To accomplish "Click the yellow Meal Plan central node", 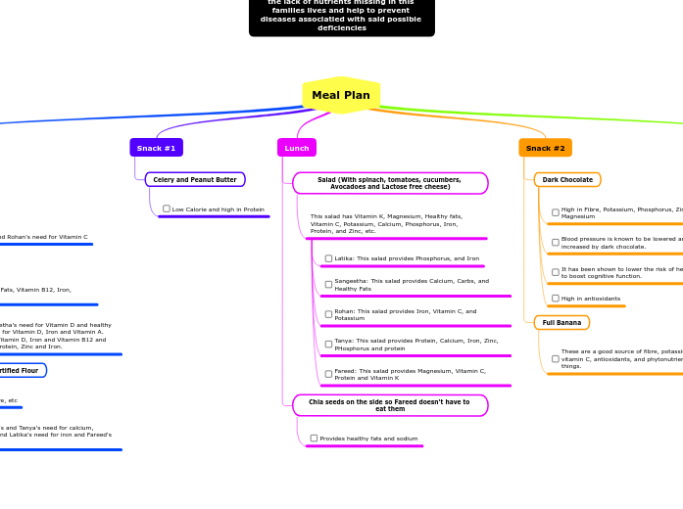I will tap(341, 95).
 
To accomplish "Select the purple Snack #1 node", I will tap(156, 148).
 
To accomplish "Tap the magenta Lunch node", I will tap(297, 148).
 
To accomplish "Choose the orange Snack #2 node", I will tap(545, 148).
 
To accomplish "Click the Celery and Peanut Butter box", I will tap(195, 180).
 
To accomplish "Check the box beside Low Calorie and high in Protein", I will tap(167, 208).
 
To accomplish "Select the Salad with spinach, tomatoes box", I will tap(390, 183).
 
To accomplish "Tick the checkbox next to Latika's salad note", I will tap(329, 258).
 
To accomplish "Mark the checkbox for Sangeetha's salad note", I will tap(329, 285).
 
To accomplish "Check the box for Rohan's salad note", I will tap(329, 314).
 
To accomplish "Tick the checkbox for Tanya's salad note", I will tap(329, 345).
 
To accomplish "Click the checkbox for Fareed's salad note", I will tap(329, 374).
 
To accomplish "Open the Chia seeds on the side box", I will tap(390, 405).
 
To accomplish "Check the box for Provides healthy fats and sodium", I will tap(315, 439).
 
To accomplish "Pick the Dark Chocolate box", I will tap(567, 180).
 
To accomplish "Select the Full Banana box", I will tap(561, 323).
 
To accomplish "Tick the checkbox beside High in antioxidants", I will tap(556, 299).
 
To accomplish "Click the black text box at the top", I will tap(341, 17).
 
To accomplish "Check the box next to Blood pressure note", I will tap(556, 242).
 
